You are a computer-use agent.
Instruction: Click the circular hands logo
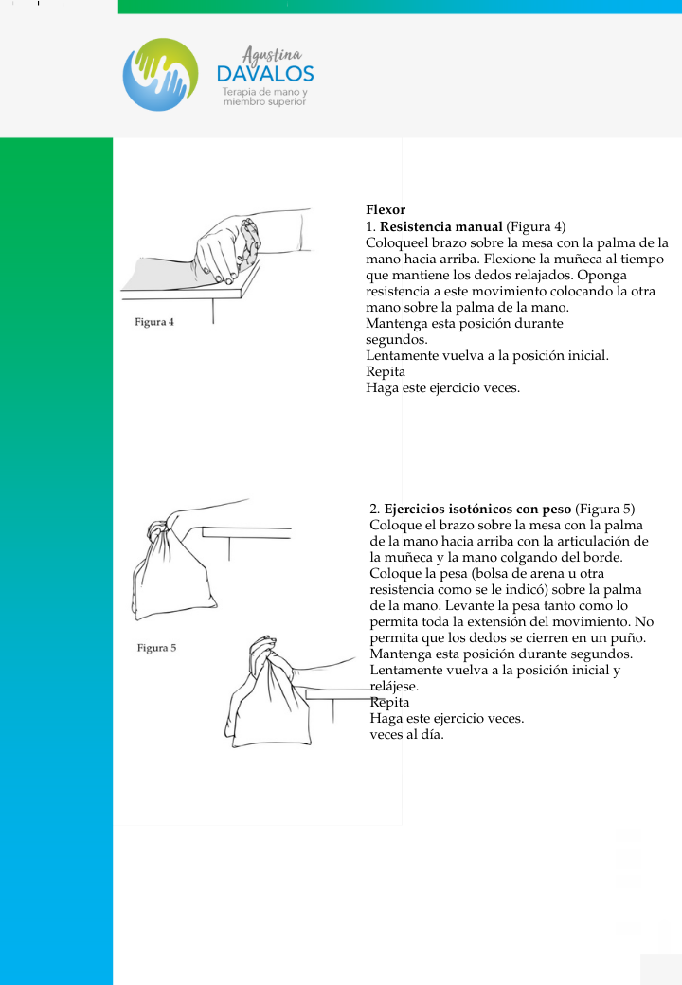(160, 75)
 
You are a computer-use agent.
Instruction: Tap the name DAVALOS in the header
(264, 74)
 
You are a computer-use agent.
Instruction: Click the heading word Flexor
(386, 209)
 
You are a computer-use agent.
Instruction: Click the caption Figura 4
(154, 322)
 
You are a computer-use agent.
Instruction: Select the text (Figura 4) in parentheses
(536, 226)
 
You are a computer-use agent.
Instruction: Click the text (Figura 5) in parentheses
(604, 509)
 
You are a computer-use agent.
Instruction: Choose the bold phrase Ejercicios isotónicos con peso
(477, 509)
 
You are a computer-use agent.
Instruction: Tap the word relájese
(391, 686)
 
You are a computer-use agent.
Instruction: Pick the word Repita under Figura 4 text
(386, 372)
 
